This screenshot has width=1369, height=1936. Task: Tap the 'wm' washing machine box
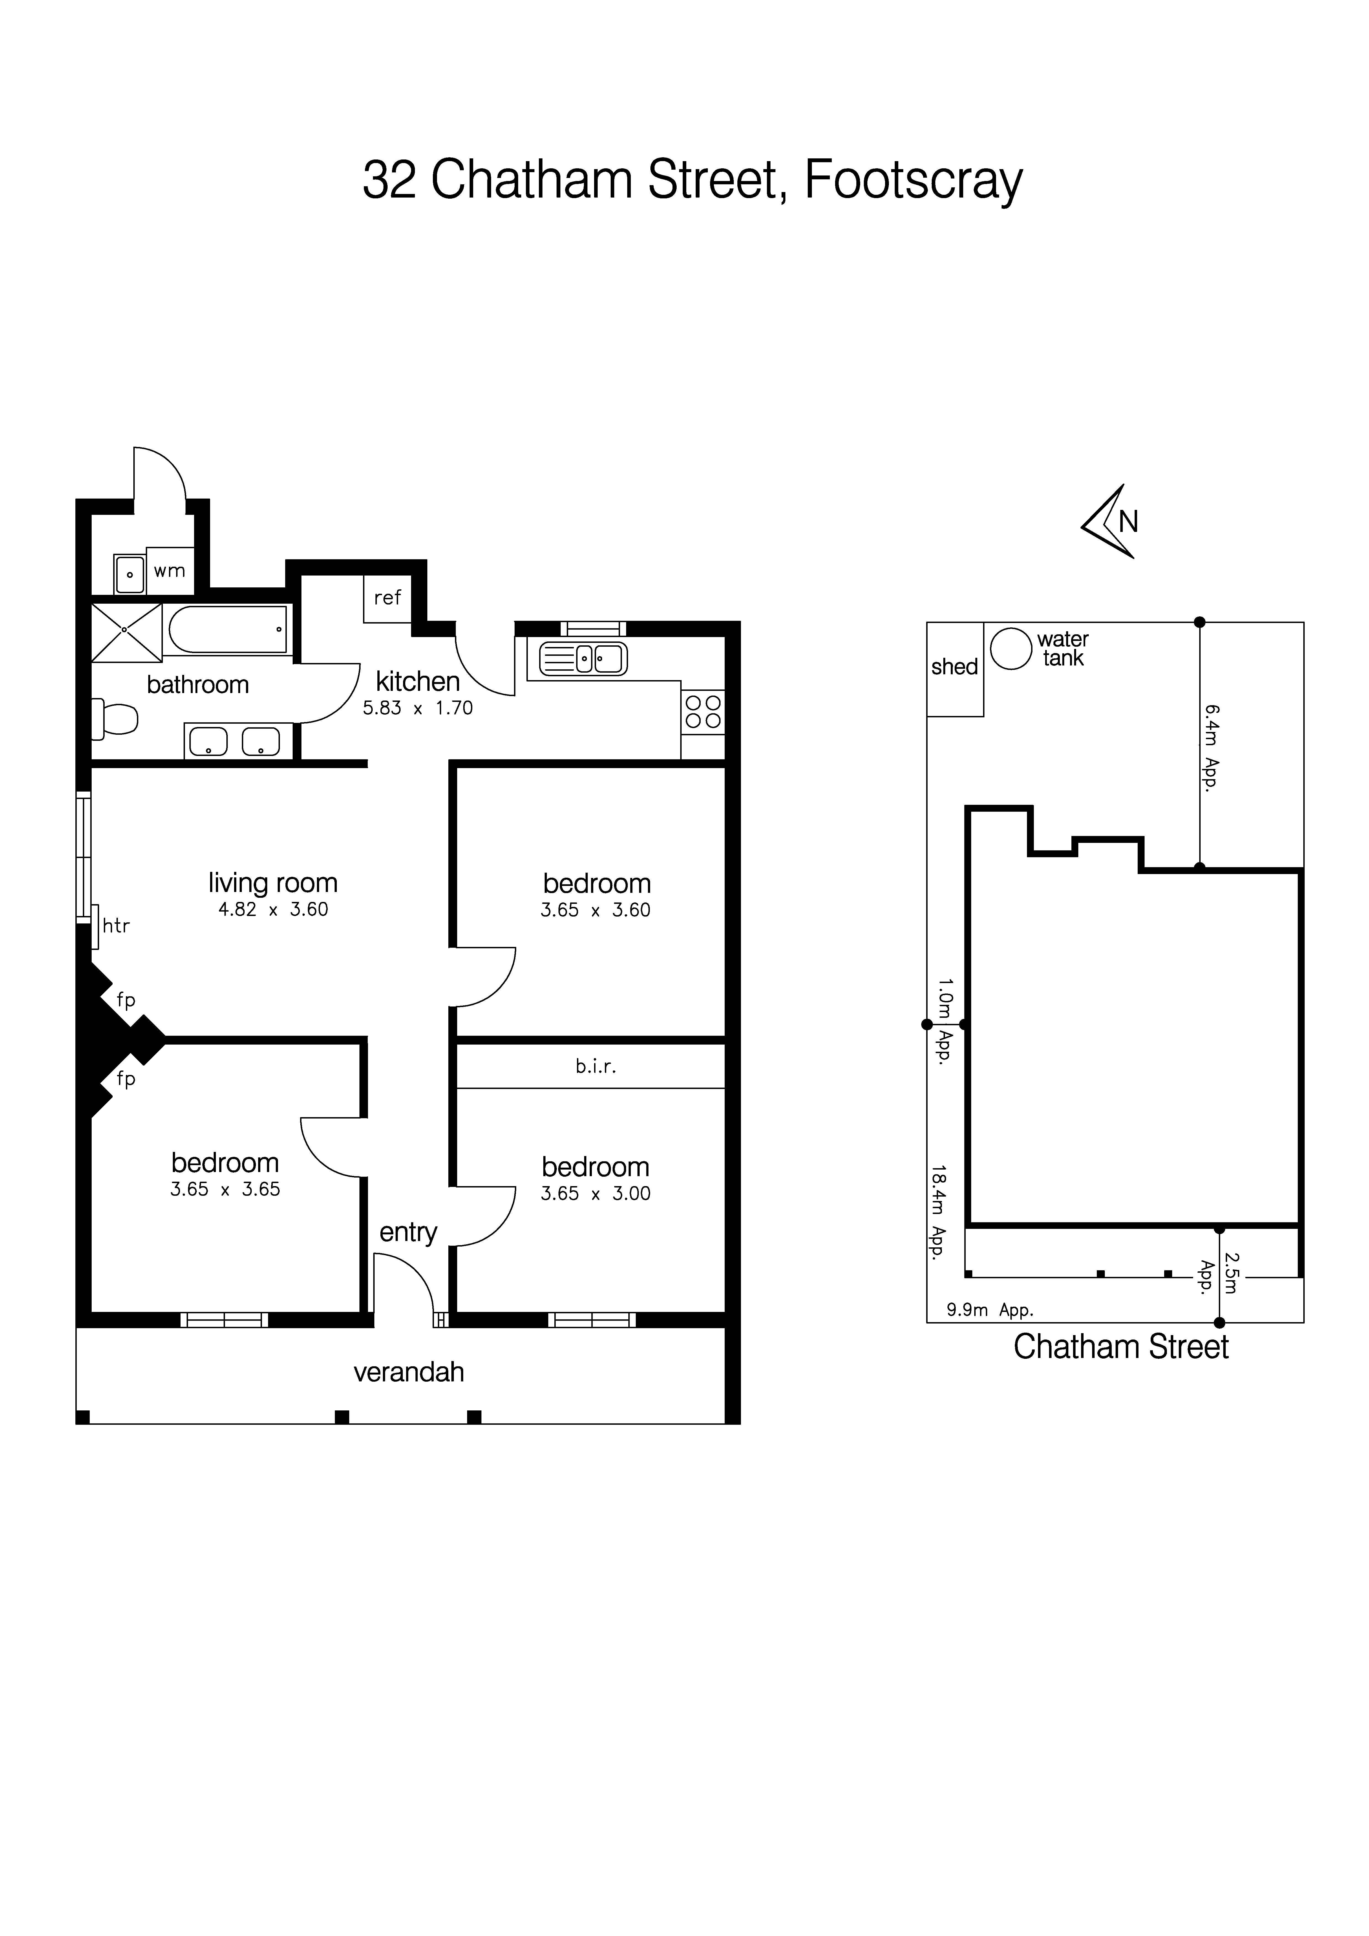pyautogui.click(x=170, y=571)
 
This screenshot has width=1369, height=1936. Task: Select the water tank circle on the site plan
pyautogui.click(x=1010, y=649)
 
